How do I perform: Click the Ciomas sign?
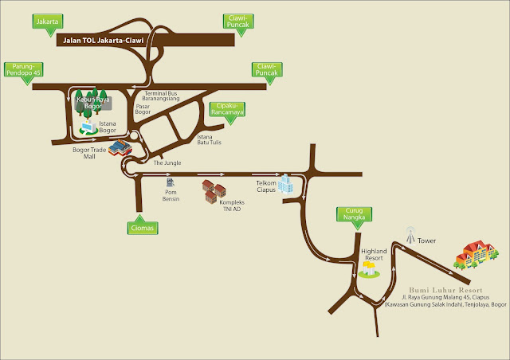tap(141, 229)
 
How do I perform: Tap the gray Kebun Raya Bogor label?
tap(93, 101)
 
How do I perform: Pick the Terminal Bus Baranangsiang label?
tap(180, 96)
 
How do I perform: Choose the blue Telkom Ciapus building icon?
tap(288, 187)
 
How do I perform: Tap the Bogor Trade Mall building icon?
tap(118, 148)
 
